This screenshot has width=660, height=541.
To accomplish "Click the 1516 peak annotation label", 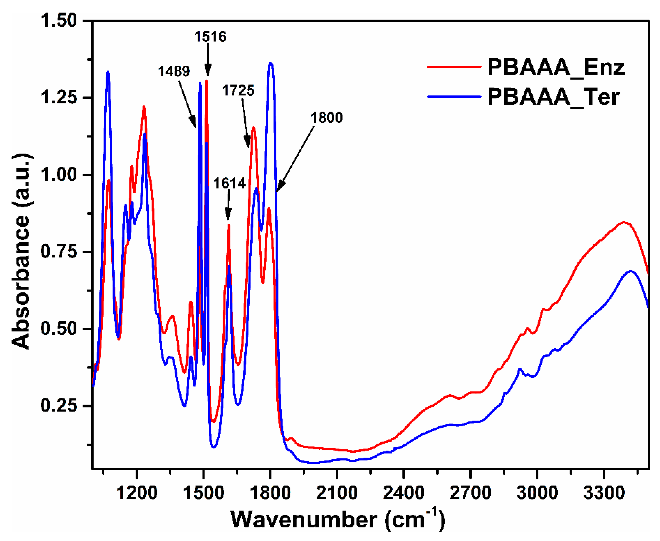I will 210,37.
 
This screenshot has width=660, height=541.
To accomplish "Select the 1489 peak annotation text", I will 174,71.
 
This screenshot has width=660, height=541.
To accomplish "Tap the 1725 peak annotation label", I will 238,90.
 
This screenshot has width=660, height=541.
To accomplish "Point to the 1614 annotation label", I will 230,183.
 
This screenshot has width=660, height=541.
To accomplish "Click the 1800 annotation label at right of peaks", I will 327,118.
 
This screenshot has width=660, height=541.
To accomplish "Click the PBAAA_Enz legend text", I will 556,67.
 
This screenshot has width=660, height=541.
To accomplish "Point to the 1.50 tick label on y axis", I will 58,21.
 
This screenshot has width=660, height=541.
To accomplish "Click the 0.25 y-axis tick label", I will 58,406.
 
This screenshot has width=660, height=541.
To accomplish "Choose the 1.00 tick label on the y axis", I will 58,175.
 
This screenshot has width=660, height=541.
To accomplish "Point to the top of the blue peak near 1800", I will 271,64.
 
